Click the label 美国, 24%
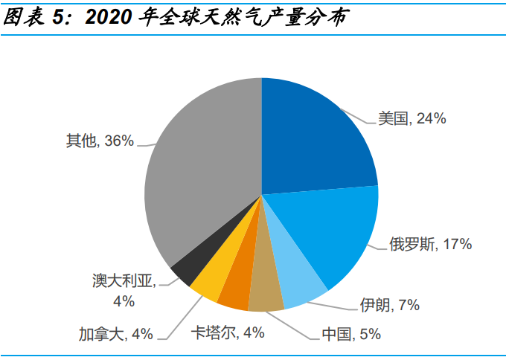[x=411, y=118]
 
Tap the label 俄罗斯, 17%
[x=430, y=244]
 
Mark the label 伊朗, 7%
[x=390, y=304]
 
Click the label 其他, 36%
[x=99, y=141]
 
